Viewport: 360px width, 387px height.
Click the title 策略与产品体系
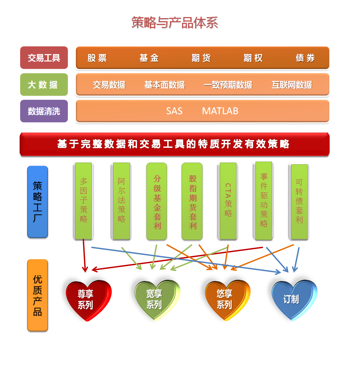[x=175, y=23]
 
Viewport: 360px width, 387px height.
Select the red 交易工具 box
[x=44, y=58]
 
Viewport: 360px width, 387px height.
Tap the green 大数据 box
[x=44, y=84]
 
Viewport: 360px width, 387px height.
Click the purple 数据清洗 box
[x=44, y=111]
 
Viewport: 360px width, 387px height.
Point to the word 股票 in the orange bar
[x=97, y=58]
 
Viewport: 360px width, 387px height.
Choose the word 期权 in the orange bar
[x=253, y=58]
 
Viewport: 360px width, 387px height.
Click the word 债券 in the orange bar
[x=305, y=58]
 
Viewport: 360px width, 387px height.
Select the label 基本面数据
[x=165, y=85]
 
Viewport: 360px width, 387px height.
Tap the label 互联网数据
[x=291, y=85]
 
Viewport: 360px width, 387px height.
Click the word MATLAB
[x=220, y=111]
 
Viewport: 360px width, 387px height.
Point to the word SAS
[x=174, y=111]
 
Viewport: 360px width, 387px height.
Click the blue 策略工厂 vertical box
[x=38, y=202]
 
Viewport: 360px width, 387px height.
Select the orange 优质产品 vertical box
[x=38, y=295]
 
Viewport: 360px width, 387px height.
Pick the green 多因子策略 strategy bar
[x=83, y=201]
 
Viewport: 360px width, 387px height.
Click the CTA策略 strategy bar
[x=228, y=201]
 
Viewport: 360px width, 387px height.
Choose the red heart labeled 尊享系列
[x=88, y=300]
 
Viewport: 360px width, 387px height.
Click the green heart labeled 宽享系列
[x=157, y=300]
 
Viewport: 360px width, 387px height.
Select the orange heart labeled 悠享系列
[x=227, y=300]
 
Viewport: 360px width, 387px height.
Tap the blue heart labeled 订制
[x=295, y=300]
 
